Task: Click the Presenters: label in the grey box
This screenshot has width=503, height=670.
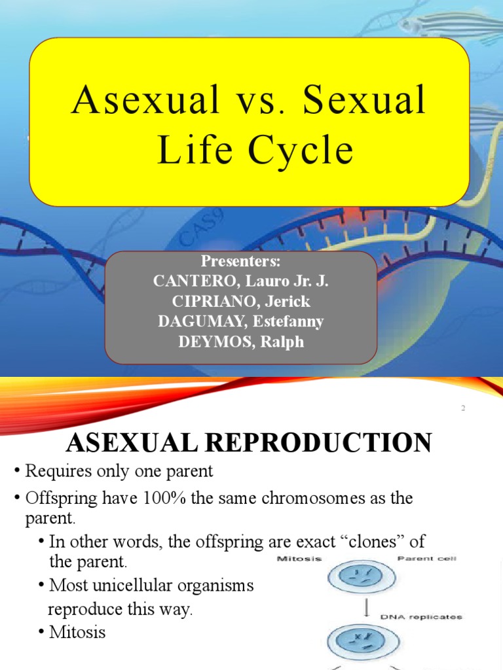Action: [240, 262]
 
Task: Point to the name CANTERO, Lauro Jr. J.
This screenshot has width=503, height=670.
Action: [240, 282]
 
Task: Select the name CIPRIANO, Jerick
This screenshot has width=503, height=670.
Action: [240, 302]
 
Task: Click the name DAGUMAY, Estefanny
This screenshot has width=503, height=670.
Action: [240, 322]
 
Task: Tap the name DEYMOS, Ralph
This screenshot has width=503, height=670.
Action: [240, 342]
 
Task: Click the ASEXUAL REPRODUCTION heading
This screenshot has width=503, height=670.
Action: [249, 443]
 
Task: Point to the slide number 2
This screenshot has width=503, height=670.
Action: [462, 409]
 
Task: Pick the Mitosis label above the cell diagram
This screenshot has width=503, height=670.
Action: [293, 559]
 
